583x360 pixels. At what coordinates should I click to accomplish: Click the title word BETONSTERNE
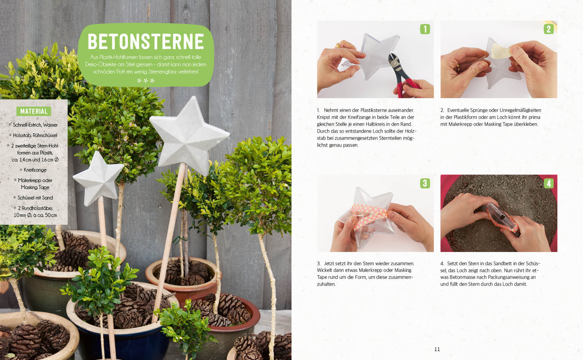click(x=146, y=42)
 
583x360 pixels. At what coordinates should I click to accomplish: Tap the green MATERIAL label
click(x=34, y=111)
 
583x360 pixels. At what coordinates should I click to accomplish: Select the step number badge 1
click(x=425, y=29)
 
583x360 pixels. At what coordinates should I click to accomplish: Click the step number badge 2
click(x=548, y=29)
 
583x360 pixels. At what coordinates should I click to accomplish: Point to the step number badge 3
click(x=425, y=183)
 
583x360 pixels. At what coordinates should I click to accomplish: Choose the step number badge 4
click(x=548, y=183)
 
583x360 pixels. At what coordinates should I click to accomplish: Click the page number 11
click(x=437, y=349)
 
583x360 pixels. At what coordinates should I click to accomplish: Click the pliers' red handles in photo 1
click(x=406, y=86)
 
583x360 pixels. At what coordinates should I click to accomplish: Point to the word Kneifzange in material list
click(x=35, y=170)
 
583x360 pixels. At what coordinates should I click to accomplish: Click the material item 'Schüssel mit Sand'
click(x=35, y=198)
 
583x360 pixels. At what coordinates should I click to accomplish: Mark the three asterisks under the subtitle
click(x=146, y=81)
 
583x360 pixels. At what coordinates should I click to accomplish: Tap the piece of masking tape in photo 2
click(x=500, y=52)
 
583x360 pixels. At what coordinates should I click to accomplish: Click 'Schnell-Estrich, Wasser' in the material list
click(x=35, y=125)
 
